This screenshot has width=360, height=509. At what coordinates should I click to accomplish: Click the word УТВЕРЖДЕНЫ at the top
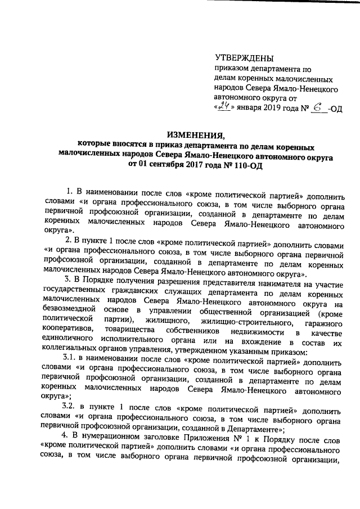244,58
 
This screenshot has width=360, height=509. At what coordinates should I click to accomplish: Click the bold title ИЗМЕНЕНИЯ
195,134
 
